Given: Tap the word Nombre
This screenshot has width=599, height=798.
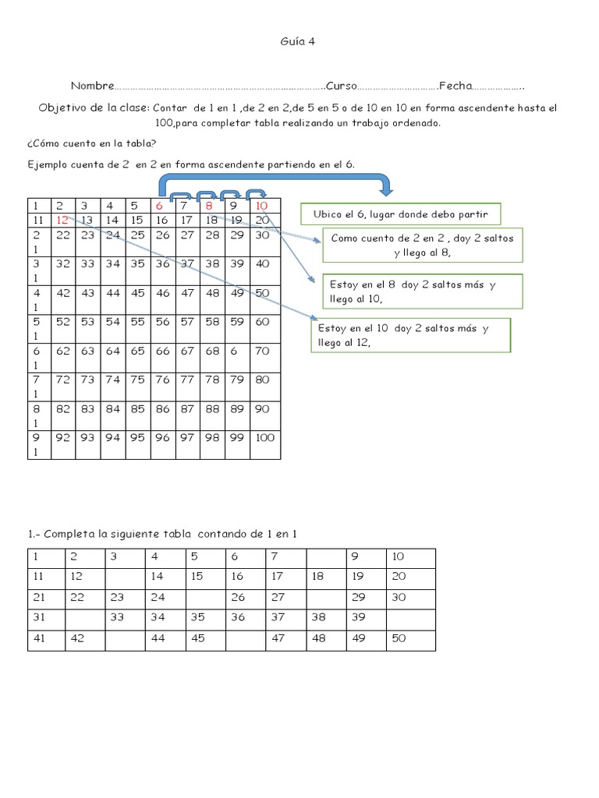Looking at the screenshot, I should click(x=92, y=85).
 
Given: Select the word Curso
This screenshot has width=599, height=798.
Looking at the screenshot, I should click(x=342, y=85).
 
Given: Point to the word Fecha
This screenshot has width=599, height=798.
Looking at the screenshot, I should click(x=455, y=85).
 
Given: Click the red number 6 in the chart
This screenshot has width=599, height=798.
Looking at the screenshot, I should click(x=160, y=206).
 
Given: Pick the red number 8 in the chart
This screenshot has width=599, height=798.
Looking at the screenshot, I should click(x=210, y=206).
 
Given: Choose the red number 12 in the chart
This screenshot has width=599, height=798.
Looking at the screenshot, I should click(x=63, y=221).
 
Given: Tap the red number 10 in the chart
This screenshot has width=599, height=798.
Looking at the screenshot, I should click(x=262, y=206).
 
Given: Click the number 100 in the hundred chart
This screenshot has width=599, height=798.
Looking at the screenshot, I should click(x=265, y=438).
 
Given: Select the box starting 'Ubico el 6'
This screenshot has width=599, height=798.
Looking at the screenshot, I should click(x=400, y=214).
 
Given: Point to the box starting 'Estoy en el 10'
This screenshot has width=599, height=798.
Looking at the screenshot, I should click(x=410, y=336).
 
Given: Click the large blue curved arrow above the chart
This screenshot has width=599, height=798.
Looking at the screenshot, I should click(x=273, y=182).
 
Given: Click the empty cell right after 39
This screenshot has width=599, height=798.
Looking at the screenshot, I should click(x=411, y=617).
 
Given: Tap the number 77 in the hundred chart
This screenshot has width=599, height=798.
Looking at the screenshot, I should click(x=186, y=380).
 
